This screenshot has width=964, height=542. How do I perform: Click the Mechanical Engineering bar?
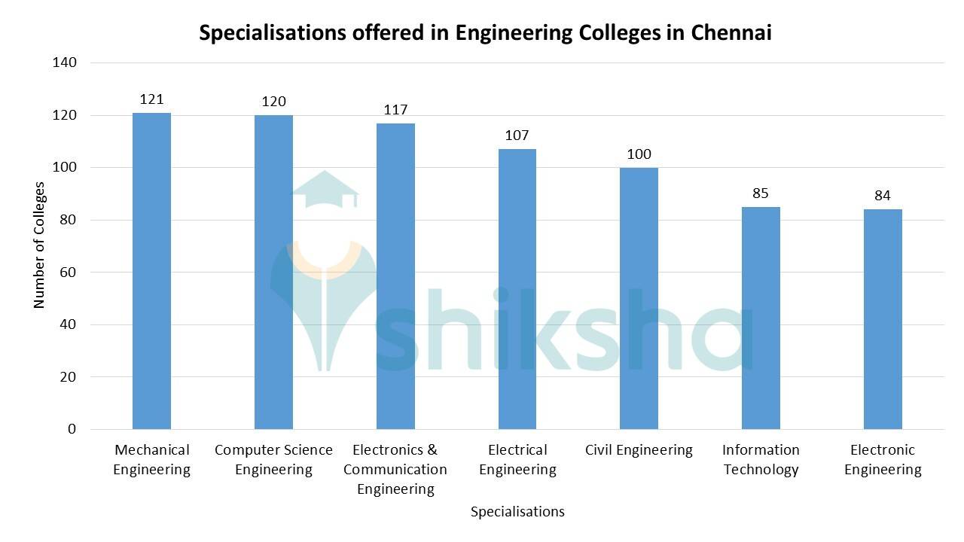click(x=151, y=271)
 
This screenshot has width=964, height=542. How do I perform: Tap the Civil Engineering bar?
click(x=639, y=298)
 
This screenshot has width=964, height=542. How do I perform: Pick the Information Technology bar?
click(x=761, y=318)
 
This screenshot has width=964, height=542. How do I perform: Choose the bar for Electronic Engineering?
click(x=883, y=319)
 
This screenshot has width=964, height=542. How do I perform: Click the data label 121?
click(x=151, y=99)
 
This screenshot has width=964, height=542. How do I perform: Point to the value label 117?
click(x=395, y=110)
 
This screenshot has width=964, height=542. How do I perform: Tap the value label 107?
click(x=517, y=135)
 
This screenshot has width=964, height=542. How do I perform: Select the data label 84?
click(x=883, y=196)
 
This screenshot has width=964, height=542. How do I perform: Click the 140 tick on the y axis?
click(x=65, y=62)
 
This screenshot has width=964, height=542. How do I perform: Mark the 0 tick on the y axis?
click(x=72, y=429)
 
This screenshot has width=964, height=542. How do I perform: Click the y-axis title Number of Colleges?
click(x=40, y=244)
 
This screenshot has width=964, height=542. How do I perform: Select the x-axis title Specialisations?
click(x=517, y=512)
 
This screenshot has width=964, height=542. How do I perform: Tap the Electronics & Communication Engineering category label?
click(x=395, y=469)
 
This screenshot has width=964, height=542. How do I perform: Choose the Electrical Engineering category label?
click(x=517, y=460)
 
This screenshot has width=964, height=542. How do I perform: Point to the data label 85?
click(x=761, y=193)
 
